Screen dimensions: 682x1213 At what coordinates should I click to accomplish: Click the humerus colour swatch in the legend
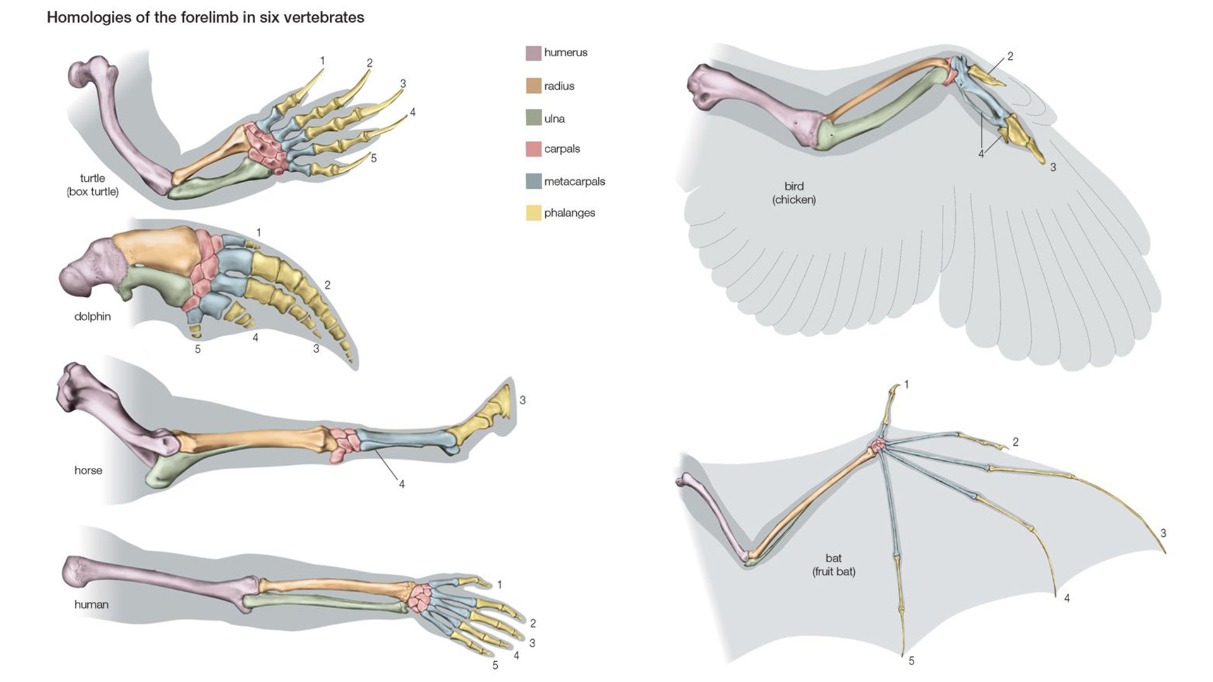(x=533, y=53)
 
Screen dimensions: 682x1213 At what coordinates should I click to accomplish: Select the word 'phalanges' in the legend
(x=569, y=213)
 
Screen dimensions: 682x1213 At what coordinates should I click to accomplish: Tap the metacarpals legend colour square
(x=533, y=181)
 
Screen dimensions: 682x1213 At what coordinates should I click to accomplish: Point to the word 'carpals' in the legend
(x=562, y=149)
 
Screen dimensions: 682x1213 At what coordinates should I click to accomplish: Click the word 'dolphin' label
(x=92, y=316)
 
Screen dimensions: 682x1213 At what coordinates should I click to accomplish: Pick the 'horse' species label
(x=88, y=470)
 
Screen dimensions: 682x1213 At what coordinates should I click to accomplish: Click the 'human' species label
(x=91, y=604)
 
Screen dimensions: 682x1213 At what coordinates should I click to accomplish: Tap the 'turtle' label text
(x=92, y=178)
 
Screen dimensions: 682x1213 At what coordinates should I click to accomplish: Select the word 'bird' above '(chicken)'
(x=794, y=186)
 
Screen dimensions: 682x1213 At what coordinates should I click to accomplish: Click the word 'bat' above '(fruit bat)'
(x=833, y=558)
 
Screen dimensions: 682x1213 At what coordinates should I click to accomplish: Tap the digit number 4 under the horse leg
(x=401, y=484)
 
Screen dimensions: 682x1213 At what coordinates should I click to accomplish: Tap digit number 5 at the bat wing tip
(x=911, y=661)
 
